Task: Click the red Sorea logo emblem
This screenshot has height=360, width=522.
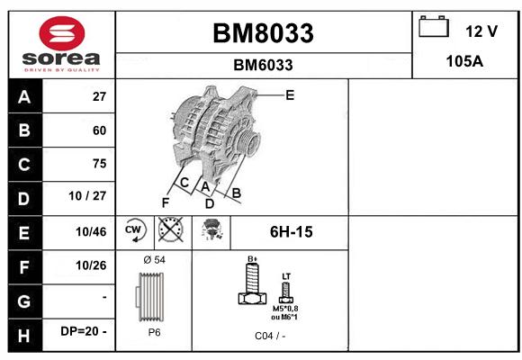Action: point(62,33)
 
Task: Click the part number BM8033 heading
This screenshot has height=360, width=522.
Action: point(263,33)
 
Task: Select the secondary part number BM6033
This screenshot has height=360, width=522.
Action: point(263,65)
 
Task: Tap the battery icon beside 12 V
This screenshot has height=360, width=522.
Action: point(434,26)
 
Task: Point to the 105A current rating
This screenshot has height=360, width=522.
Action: point(464,61)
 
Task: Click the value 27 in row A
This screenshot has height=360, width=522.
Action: point(99,96)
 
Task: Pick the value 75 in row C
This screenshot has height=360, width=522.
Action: point(99,164)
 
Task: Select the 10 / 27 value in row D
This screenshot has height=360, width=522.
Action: point(87,196)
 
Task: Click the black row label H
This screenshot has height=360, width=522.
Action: point(25,335)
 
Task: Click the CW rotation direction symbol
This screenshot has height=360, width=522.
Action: point(134,230)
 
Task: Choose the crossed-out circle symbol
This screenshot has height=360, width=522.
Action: point(170,229)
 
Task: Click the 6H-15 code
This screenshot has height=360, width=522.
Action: point(292,232)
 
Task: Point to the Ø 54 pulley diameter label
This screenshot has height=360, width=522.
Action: point(154,260)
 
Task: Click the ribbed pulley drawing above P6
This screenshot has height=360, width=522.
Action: point(150,297)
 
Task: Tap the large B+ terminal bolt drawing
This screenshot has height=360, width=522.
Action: point(252,283)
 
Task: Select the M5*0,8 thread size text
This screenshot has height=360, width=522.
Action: point(285,309)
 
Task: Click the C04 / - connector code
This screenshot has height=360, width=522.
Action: point(270,336)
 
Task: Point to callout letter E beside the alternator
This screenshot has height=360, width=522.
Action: point(290,95)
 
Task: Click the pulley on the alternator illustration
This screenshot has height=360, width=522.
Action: point(249,141)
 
